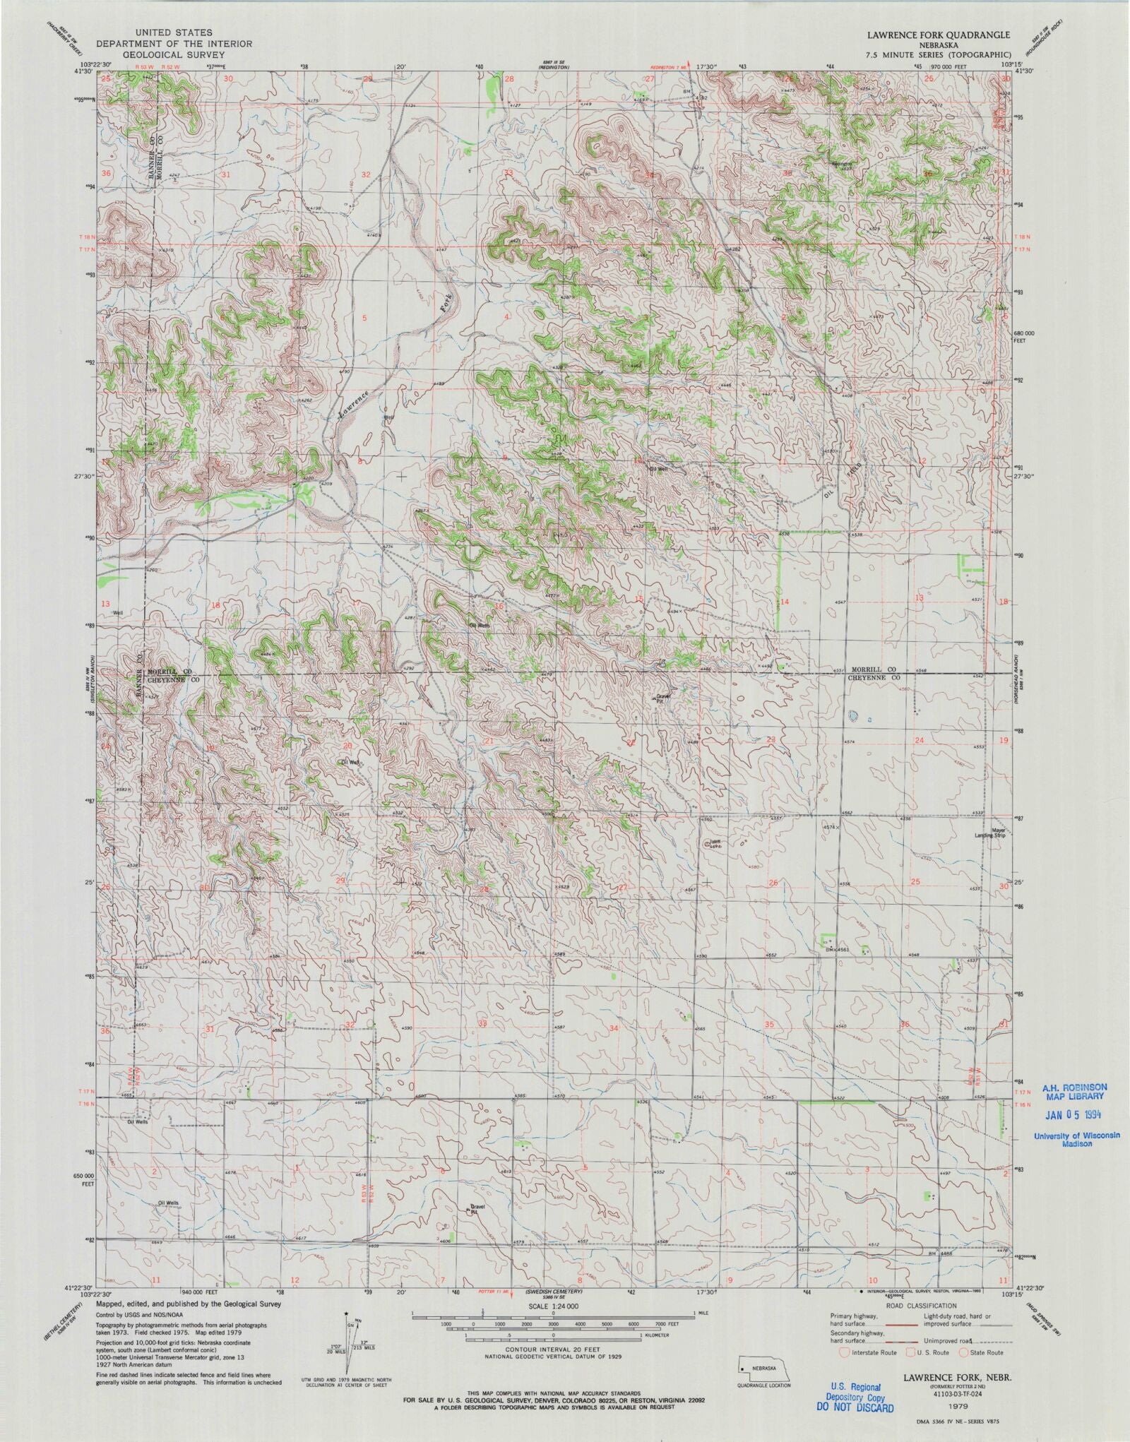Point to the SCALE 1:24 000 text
tap(564, 1307)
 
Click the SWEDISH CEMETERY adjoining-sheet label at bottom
tap(553, 1290)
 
